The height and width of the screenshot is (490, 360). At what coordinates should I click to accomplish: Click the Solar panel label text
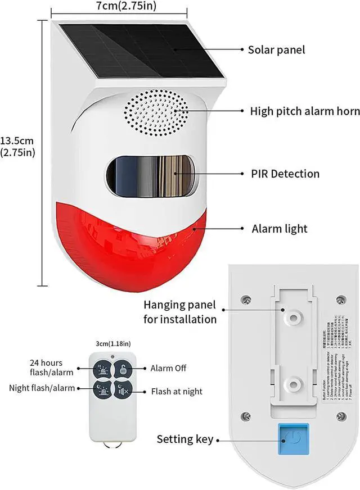click(276, 49)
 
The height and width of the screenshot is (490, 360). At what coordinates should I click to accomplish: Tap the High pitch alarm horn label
click(304, 111)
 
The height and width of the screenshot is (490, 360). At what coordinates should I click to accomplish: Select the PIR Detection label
click(285, 174)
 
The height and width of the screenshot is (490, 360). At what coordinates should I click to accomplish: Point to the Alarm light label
click(280, 229)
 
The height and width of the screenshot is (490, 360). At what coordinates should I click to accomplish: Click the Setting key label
click(185, 439)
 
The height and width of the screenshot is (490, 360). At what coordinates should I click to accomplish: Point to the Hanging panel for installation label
click(179, 312)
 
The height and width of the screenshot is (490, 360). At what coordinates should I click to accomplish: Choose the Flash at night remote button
click(123, 389)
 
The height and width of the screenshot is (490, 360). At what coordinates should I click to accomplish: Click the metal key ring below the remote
click(113, 445)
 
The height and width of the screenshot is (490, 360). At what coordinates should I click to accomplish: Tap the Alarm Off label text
click(168, 369)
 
